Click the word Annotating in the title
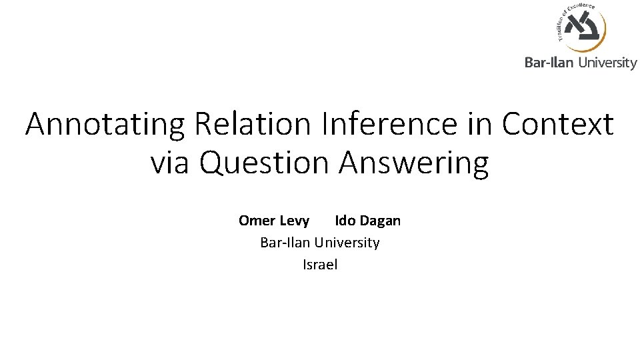click(x=106, y=124)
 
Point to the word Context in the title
click(x=557, y=124)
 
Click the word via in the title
click(x=170, y=163)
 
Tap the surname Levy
click(x=294, y=221)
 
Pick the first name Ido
click(x=345, y=221)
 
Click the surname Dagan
click(x=380, y=221)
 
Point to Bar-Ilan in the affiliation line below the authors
click(x=285, y=243)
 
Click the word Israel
click(x=320, y=265)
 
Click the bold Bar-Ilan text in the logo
click(x=549, y=63)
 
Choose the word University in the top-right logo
click(x=607, y=63)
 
